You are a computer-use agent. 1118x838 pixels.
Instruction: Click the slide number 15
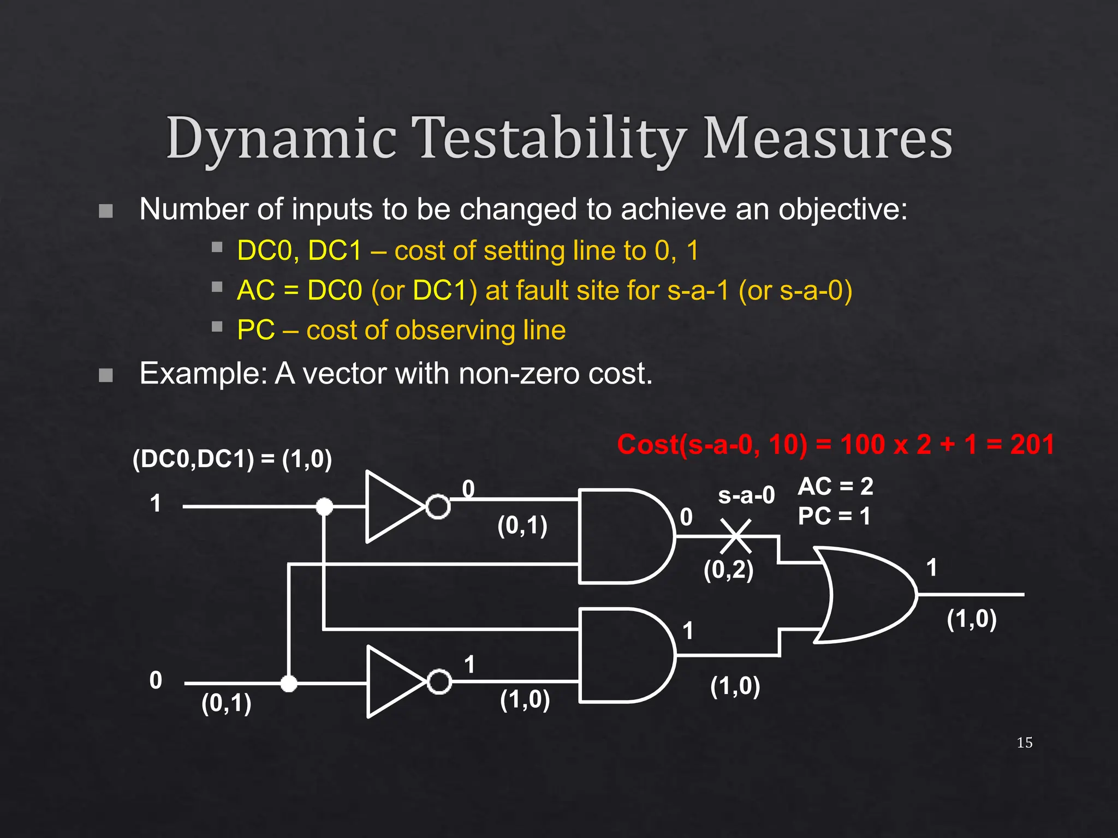click(x=1024, y=743)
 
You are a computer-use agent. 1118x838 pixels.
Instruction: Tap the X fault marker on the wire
click(x=735, y=536)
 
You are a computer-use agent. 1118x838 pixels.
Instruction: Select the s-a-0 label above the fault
click(x=746, y=495)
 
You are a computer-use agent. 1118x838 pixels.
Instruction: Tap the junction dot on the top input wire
click(x=324, y=507)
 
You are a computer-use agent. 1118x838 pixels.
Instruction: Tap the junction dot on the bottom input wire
click(x=289, y=683)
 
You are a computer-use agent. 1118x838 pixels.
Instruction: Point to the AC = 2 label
click(x=835, y=486)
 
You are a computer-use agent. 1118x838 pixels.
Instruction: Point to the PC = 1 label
click(x=834, y=516)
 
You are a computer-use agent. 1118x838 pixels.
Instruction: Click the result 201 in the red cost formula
click(x=1032, y=444)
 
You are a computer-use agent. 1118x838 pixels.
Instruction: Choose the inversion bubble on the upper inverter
click(x=438, y=507)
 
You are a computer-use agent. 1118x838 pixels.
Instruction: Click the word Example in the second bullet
click(x=203, y=374)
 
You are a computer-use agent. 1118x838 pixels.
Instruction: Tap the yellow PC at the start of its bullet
click(x=255, y=330)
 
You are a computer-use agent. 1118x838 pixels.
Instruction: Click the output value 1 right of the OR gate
click(x=931, y=568)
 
